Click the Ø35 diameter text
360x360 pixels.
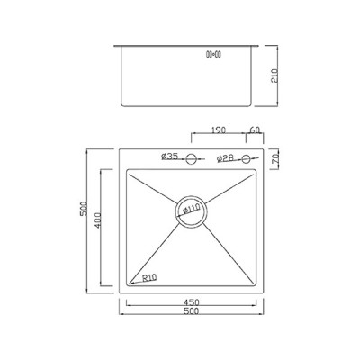(x=170, y=157)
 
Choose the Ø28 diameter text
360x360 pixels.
(x=226, y=159)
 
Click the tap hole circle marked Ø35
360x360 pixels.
(x=190, y=161)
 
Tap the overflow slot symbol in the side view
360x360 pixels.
(x=215, y=53)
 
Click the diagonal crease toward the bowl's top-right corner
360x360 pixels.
(x=231, y=187)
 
